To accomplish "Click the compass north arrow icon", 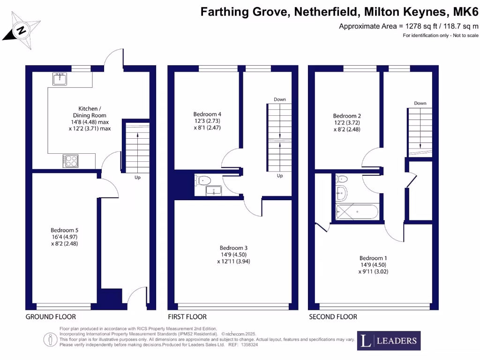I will point(21,31).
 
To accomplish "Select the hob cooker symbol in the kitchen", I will point(70,161).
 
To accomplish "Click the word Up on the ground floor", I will point(137,178).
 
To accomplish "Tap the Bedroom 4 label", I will point(207,114).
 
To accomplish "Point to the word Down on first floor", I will point(280,99).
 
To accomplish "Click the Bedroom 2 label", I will point(347,116).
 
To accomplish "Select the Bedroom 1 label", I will point(373,258).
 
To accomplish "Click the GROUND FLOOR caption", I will point(48,317).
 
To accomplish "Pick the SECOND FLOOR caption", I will point(333,317).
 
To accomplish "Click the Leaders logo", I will point(389,341).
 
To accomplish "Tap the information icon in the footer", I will point(49,338).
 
